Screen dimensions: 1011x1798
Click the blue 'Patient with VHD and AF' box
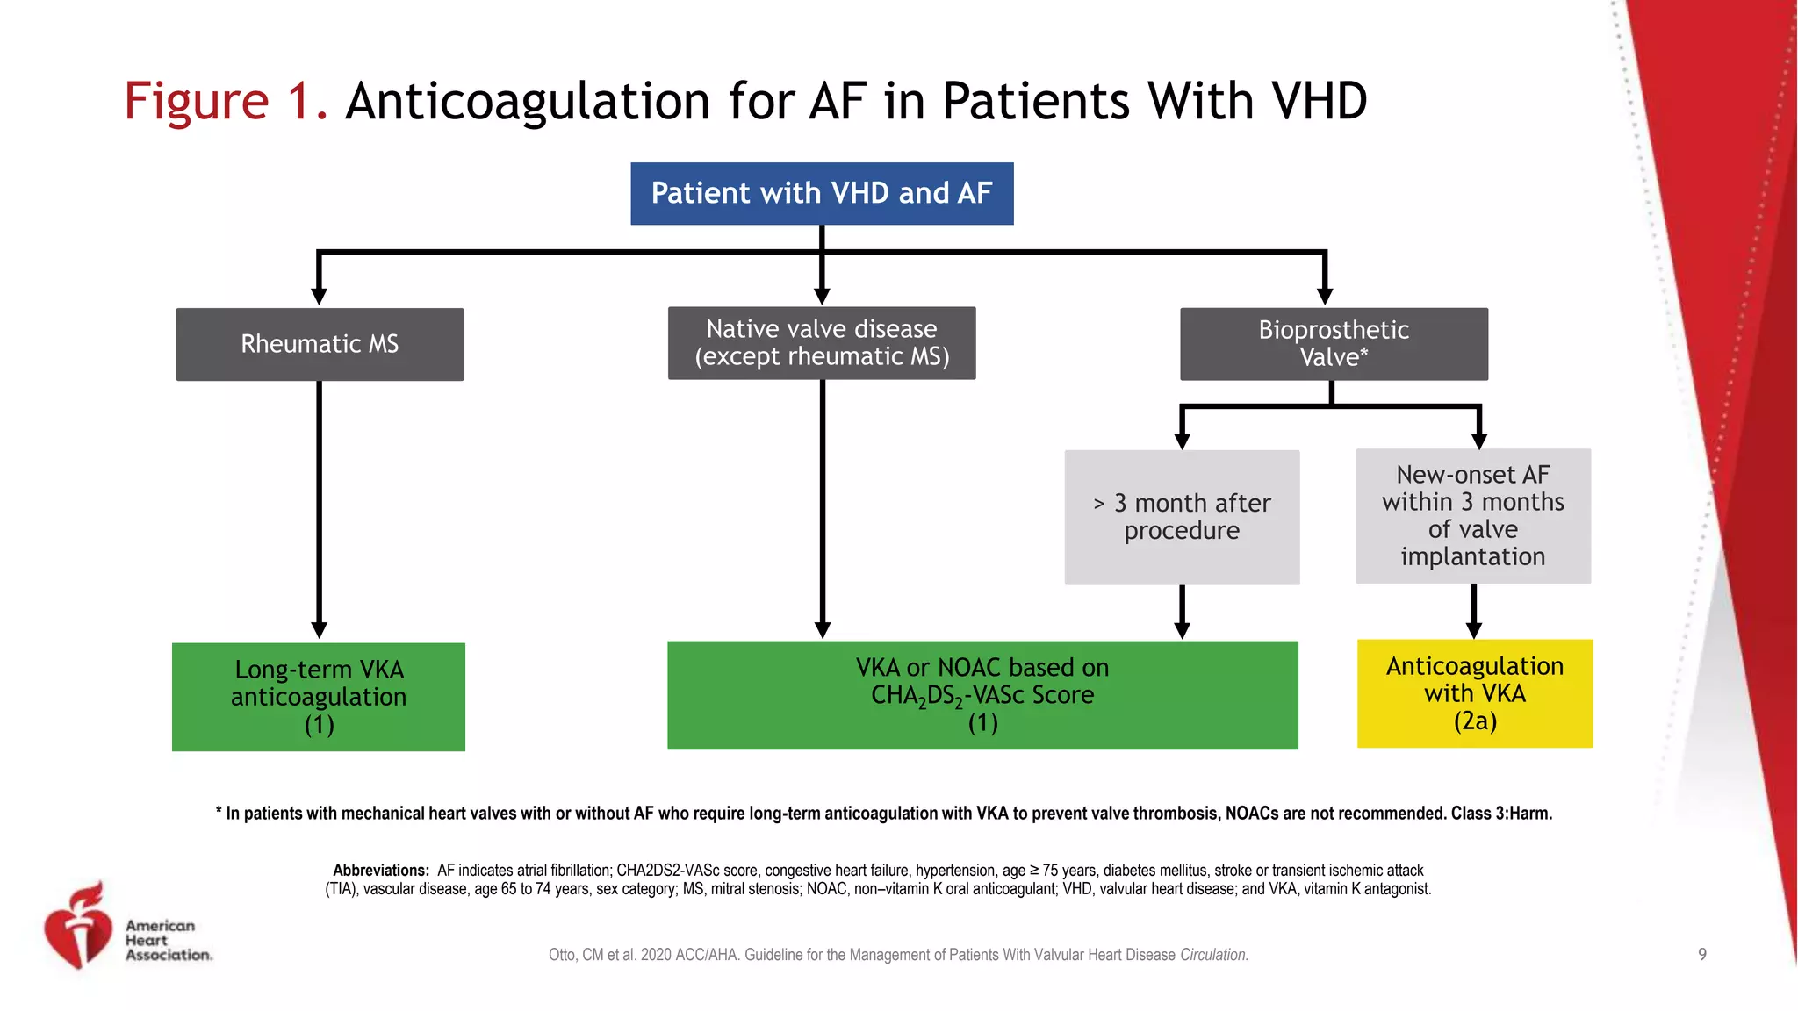pyautogui.click(x=822, y=193)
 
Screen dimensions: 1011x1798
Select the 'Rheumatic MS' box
pyautogui.click(x=320, y=344)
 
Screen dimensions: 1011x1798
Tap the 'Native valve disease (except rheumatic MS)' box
pyautogui.click(x=822, y=343)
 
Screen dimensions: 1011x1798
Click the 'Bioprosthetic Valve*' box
pyautogui.click(x=1334, y=344)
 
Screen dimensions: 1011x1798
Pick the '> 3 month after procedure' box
pyautogui.click(x=1182, y=517)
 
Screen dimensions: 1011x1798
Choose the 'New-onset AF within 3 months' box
pyautogui.click(x=1472, y=516)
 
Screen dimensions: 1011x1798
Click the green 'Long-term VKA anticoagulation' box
pyautogui.click(x=319, y=697)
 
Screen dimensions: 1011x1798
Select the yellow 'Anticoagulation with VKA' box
pyautogui.click(x=1475, y=693)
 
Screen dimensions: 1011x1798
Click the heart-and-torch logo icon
pyautogui.click(x=79, y=929)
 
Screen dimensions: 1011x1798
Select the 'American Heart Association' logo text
pyautogui.click(x=168, y=940)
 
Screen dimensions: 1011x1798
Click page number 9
pyautogui.click(x=1702, y=955)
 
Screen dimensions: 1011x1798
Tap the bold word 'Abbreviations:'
pyautogui.click(x=380, y=871)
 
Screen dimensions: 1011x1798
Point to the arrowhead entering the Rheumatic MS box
pyautogui.click(x=320, y=297)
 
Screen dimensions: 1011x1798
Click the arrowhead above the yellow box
pyautogui.click(x=1474, y=630)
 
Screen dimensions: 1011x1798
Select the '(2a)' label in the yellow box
pyautogui.click(x=1475, y=721)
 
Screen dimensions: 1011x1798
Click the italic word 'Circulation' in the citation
pyautogui.click(x=1213, y=955)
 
